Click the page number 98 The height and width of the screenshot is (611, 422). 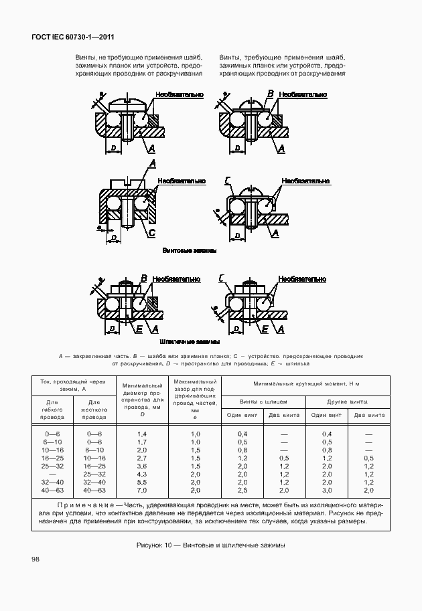click(36, 558)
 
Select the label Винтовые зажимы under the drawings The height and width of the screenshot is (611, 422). click(190, 251)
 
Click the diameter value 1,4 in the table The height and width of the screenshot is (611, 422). click(141, 434)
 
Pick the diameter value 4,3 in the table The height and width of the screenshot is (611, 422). click(141, 474)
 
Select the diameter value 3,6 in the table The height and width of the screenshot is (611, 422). click(141, 466)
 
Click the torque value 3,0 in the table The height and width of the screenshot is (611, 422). click(327, 490)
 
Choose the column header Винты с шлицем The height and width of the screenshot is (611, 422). click(263, 401)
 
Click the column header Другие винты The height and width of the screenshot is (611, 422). click(348, 401)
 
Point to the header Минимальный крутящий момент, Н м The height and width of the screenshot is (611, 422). click(306, 384)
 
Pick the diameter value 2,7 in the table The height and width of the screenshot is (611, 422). click(141, 458)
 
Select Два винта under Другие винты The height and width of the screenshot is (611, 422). click(369, 415)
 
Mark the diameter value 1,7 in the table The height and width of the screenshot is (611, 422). click(141, 442)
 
